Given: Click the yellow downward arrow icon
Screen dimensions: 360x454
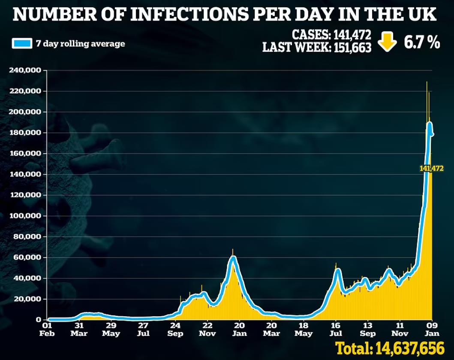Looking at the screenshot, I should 387,42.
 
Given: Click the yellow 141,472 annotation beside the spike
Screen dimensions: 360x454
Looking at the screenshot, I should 431,169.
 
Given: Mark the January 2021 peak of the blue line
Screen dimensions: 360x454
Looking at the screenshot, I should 233,258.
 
